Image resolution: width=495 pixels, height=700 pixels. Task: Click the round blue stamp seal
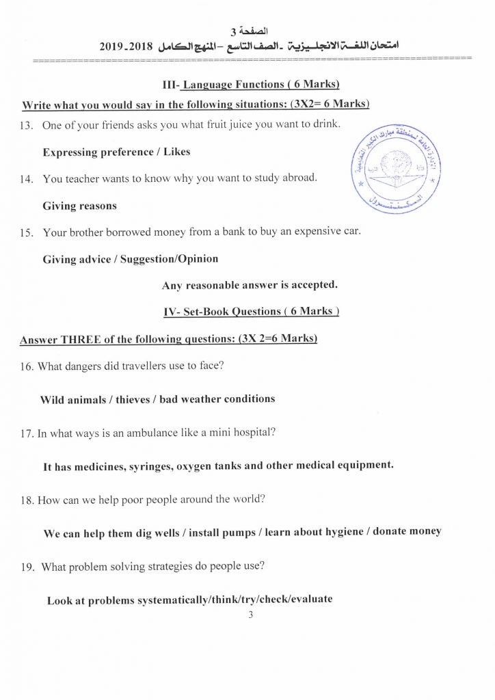pyautogui.click(x=396, y=168)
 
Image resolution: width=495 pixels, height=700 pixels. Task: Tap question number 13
pyautogui.click(x=27, y=126)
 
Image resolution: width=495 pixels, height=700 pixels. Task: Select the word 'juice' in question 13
pyautogui.click(x=228, y=126)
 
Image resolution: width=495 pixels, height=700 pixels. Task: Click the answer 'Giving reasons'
pyautogui.click(x=79, y=206)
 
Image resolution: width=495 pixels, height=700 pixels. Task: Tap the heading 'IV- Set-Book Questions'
pyautogui.click(x=251, y=312)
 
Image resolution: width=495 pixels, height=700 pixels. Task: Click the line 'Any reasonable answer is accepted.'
pyautogui.click(x=250, y=284)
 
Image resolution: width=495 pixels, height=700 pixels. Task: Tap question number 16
pyautogui.click(x=27, y=366)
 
